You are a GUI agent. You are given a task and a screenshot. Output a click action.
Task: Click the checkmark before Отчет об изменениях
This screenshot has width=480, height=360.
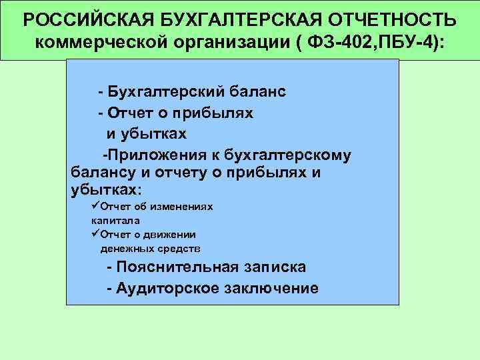(95, 207)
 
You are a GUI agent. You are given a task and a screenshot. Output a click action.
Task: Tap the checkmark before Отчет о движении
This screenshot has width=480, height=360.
(95, 234)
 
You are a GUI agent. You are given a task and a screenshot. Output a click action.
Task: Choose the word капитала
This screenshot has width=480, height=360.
(115, 220)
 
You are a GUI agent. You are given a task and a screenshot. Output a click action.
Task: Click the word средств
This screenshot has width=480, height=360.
(182, 249)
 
